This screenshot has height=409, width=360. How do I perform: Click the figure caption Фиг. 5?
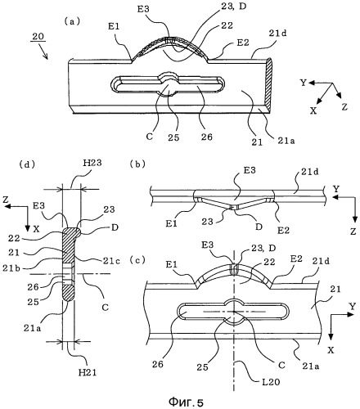(x=187, y=401)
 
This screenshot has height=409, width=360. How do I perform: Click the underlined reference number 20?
(x=38, y=36)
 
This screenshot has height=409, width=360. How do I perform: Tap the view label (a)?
(x=72, y=21)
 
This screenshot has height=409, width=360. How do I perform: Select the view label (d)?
(x=27, y=164)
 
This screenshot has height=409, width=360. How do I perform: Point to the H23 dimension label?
(x=92, y=163)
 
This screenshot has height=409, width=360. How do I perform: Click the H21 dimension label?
(x=88, y=372)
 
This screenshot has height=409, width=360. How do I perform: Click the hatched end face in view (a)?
(x=268, y=84)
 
